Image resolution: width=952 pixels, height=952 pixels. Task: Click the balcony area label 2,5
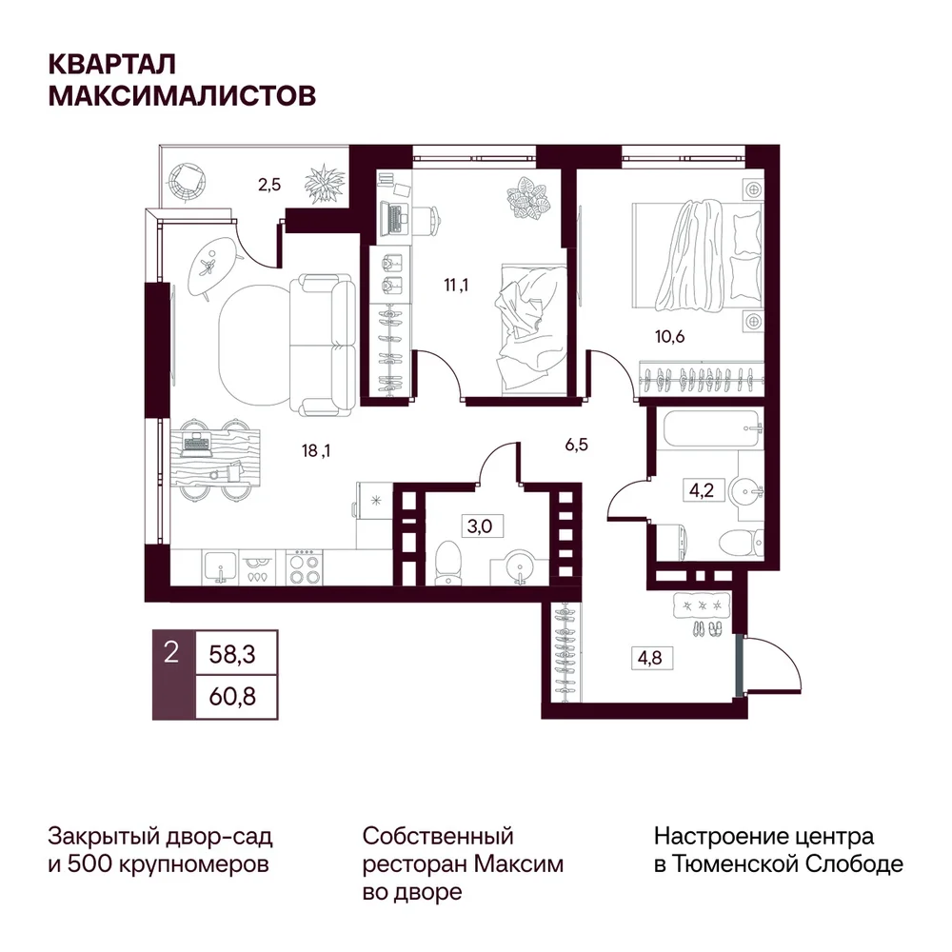coord(269,184)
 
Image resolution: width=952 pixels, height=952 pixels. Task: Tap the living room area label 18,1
coord(316,450)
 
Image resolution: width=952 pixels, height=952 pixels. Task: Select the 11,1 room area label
coord(456,284)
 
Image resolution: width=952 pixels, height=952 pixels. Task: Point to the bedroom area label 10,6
coord(669,336)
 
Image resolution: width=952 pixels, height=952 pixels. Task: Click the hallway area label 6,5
coord(576,445)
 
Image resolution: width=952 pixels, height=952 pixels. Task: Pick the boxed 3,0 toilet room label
coord(480,526)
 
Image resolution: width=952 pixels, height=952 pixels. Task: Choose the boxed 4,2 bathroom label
coord(702,489)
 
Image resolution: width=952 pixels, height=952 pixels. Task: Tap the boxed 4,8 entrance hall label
coord(649,658)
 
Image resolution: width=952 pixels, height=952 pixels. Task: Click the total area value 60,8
coord(232,697)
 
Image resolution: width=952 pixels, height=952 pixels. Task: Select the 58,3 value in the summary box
coord(232,655)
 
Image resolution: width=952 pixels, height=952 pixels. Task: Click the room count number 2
coord(171,653)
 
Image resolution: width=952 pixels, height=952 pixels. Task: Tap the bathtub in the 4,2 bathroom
coord(710,429)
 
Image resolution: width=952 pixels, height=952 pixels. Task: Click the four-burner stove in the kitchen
coord(305,567)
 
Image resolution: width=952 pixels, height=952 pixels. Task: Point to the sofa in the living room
coord(322,346)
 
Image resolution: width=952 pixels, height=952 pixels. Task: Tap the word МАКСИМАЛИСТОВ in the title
coord(182,95)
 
